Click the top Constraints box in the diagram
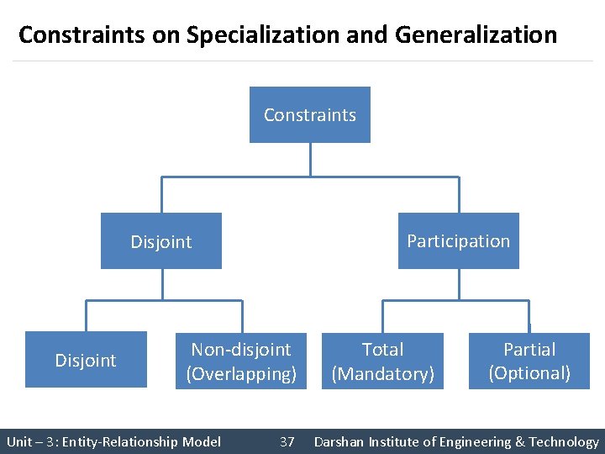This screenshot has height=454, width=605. point(309,115)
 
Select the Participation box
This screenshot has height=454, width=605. point(458,241)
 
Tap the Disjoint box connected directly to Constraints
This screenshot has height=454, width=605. point(160,241)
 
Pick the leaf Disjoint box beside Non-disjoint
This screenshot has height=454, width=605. point(86,360)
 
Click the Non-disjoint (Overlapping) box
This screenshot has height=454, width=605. point(241,360)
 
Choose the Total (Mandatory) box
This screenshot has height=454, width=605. point(382,360)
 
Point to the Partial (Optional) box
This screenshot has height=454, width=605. point(529,360)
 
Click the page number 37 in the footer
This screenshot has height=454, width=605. point(287,441)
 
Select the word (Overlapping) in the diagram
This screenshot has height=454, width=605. point(241,373)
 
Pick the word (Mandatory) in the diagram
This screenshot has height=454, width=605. point(382,373)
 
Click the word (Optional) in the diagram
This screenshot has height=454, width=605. point(529,373)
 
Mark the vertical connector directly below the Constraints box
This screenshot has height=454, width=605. point(310,159)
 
